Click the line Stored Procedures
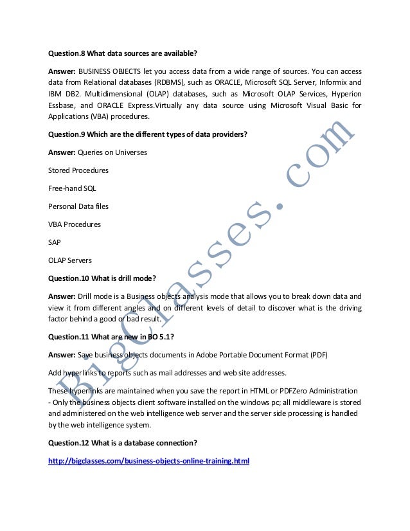(x=78, y=170)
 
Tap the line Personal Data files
(x=79, y=207)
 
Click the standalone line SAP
(x=55, y=243)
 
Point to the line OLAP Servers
(x=70, y=260)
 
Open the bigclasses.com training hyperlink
(x=148, y=462)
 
